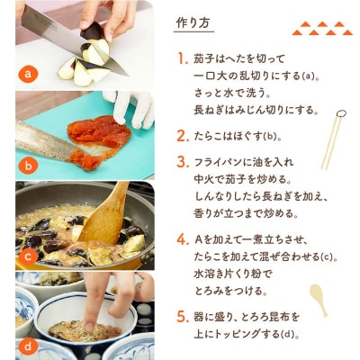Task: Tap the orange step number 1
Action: (x=183, y=58)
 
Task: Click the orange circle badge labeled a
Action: (x=29, y=74)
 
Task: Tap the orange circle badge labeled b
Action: (x=29, y=165)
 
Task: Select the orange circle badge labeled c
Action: (x=29, y=256)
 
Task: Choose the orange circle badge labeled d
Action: (x=29, y=346)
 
